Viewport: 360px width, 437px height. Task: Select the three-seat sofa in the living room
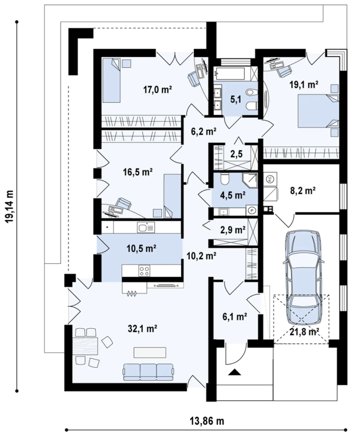tap(149, 372)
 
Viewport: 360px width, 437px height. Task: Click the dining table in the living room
tap(85, 346)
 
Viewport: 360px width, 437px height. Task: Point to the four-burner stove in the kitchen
tap(144, 270)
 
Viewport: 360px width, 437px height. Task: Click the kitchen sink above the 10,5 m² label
tap(145, 227)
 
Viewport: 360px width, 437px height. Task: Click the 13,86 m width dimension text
tap(208, 421)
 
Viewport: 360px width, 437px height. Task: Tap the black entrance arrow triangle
tap(234, 372)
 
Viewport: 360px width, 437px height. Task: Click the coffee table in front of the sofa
tap(150, 352)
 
